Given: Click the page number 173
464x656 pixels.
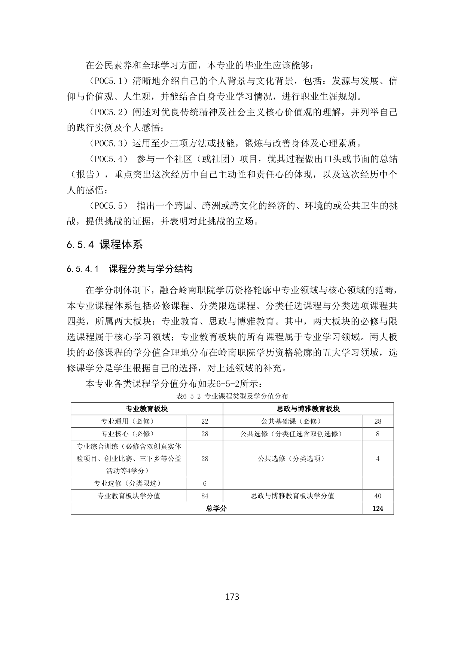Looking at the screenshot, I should (x=232, y=596).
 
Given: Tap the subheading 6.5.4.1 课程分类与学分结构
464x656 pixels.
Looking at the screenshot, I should (x=130, y=269).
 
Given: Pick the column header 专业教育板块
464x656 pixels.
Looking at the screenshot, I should (x=147, y=409).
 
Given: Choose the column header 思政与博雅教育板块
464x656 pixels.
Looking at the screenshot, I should (x=308, y=409).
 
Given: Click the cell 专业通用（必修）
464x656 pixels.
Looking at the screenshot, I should (x=128, y=421).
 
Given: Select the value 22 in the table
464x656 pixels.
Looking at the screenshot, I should (x=205, y=421).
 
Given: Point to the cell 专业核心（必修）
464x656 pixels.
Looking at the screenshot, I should (x=128, y=434).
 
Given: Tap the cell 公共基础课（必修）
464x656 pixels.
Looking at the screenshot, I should (x=291, y=421).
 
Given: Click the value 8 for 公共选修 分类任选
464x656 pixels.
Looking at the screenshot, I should (x=378, y=434).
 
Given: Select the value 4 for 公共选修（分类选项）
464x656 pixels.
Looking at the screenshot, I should (x=378, y=458).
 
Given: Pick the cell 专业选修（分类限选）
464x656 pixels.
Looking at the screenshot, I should (x=128, y=483).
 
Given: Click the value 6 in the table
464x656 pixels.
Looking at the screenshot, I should (x=205, y=483).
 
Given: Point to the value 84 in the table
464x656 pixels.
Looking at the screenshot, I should (x=205, y=496).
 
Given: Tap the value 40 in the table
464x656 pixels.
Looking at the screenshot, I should (x=378, y=496).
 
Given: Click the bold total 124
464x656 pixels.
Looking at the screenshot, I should (x=378, y=509).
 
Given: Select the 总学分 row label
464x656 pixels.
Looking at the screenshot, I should (x=216, y=509).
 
